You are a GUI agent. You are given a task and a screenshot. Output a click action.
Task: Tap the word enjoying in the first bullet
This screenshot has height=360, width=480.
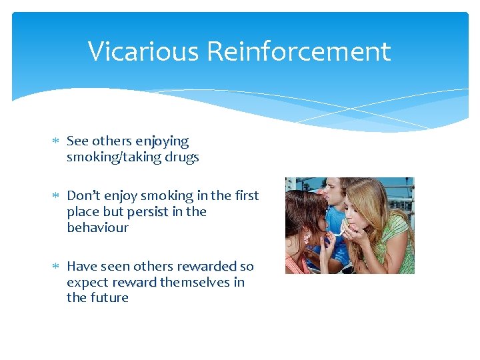pyautogui.click(x=162, y=142)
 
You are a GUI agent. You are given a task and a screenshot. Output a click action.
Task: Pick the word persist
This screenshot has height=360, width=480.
pyautogui.click(x=148, y=211)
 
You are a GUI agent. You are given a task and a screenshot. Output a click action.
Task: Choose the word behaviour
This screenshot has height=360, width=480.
pyautogui.click(x=97, y=227)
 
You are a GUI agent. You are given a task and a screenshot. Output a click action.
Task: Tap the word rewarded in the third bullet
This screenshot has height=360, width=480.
pyautogui.click(x=207, y=266)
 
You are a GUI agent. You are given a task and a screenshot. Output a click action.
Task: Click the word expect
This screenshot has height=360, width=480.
pyautogui.click(x=87, y=282)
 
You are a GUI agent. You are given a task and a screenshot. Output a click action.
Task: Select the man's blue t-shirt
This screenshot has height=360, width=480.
pyautogui.click(x=337, y=250)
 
